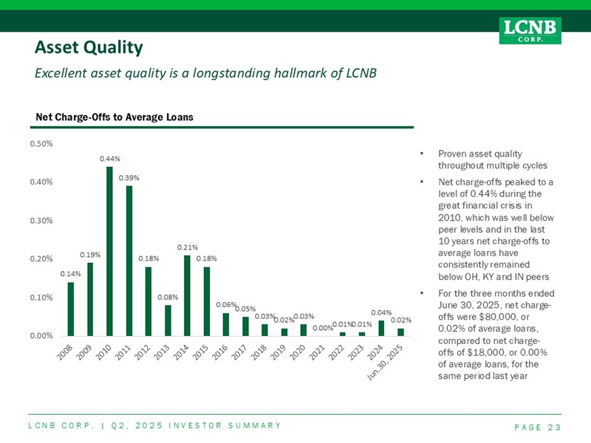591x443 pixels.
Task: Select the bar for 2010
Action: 109,251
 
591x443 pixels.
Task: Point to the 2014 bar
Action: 187,295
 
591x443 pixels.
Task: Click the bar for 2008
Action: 71,309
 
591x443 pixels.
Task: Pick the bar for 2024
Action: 381,328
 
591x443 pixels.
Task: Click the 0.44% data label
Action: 109,159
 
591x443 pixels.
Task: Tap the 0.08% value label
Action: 168,297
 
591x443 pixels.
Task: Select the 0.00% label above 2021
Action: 323,328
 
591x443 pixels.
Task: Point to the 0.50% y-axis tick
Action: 41,143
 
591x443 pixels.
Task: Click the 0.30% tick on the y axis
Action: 41,220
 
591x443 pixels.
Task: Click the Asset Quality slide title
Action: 89,49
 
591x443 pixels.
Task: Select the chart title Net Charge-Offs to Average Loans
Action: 109,117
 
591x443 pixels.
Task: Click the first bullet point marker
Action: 420,154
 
